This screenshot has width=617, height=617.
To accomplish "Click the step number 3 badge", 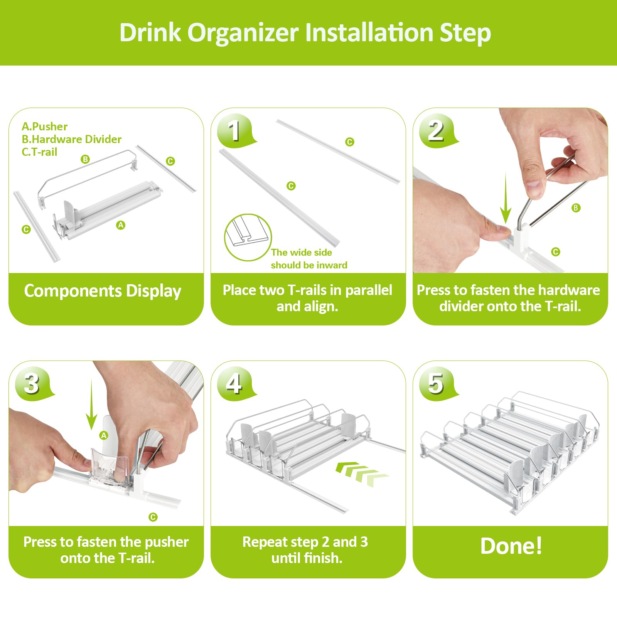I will (32, 383).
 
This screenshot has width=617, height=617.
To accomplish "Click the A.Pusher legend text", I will (44, 126).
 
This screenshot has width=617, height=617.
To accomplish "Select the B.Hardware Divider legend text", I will (71, 139).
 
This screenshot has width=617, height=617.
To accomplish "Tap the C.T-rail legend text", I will (39, 152).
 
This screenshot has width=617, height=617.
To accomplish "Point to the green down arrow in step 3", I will (91, 405).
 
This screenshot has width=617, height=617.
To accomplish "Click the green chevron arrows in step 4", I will (361, 473).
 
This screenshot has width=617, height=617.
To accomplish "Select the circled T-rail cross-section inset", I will (248, 237).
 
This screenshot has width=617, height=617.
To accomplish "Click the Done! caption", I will (511, 546).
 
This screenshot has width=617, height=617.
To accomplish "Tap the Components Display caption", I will (103, 291).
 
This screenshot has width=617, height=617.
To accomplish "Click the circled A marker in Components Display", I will (121, 225).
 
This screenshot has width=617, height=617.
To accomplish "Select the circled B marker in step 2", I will (576, 208).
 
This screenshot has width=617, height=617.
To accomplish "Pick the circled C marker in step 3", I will (153, 517).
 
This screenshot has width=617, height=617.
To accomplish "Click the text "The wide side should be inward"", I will (308, 259).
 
